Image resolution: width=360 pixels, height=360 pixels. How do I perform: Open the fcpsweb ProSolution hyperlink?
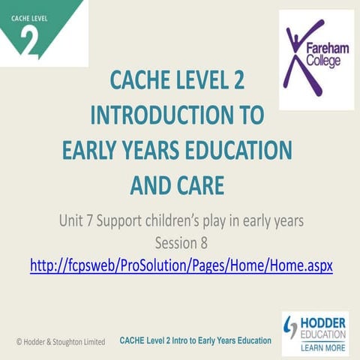[181, 265]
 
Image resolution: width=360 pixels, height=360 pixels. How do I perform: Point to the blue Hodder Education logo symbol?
[292, 328]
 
